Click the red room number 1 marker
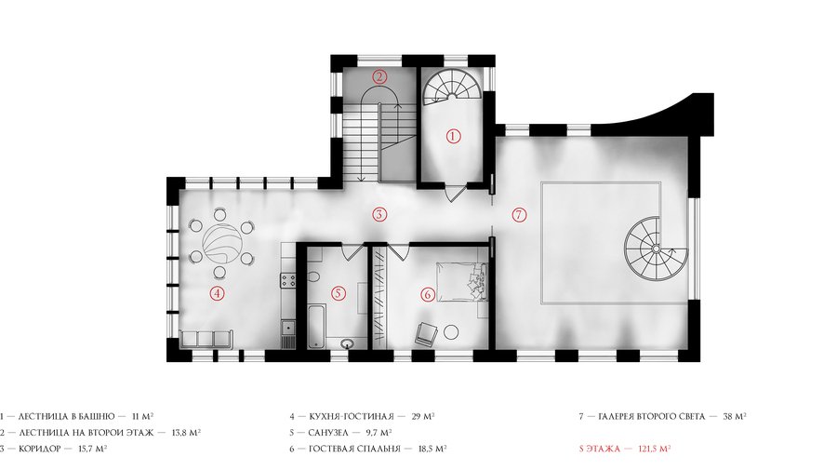point(453,136)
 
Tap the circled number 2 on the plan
point(379,76)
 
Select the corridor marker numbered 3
point(379,215)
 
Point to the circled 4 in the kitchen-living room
point(217,292)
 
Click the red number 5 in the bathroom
point(339,292)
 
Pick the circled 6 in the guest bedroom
point(427,294)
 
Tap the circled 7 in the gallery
point(519,215)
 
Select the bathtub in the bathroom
point(316,325)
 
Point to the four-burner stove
point(289,279)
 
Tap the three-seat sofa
point(207,339)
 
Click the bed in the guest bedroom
point(462,281)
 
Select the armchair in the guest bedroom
point(426,333)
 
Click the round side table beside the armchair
point(451,332)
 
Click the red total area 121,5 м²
point(655,448)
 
